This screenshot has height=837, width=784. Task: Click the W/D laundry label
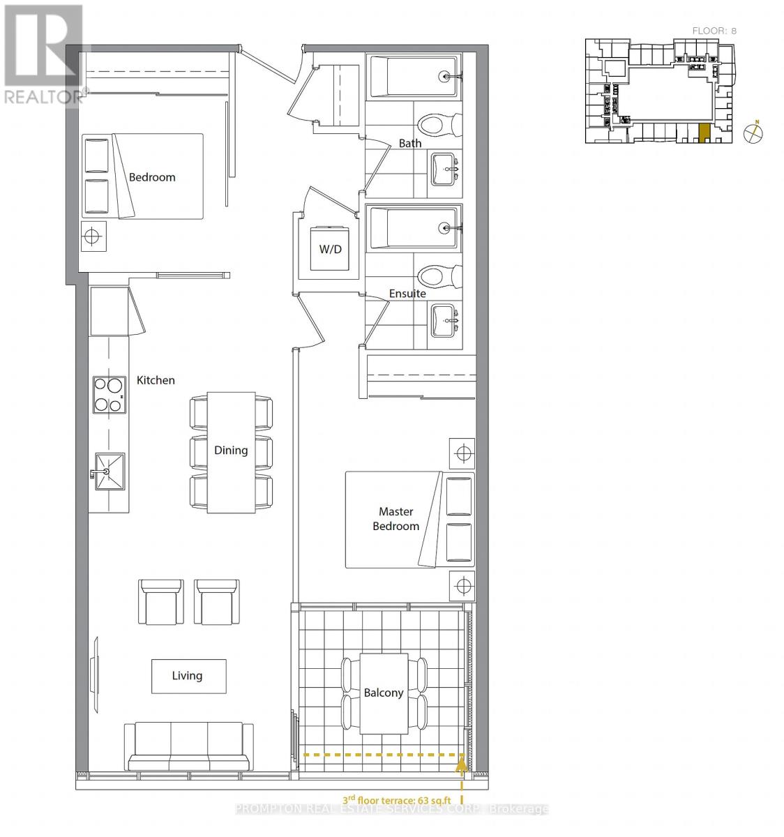(331, 249)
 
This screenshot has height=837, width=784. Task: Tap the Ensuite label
(407, 294)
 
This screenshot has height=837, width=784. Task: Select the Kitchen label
(156, 380)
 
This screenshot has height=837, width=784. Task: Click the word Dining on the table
(231, 450)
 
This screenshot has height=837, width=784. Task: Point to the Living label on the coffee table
(187, 675)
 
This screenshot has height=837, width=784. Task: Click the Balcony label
(384, 693)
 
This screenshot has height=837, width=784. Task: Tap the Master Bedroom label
(395, 519)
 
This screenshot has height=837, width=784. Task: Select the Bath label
(410, 143)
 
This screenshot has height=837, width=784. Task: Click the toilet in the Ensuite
(437, 276)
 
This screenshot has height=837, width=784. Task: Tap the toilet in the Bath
(437, 126)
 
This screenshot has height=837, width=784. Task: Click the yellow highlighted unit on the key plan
(704, 133)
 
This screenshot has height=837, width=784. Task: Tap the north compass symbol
(753, 133)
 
